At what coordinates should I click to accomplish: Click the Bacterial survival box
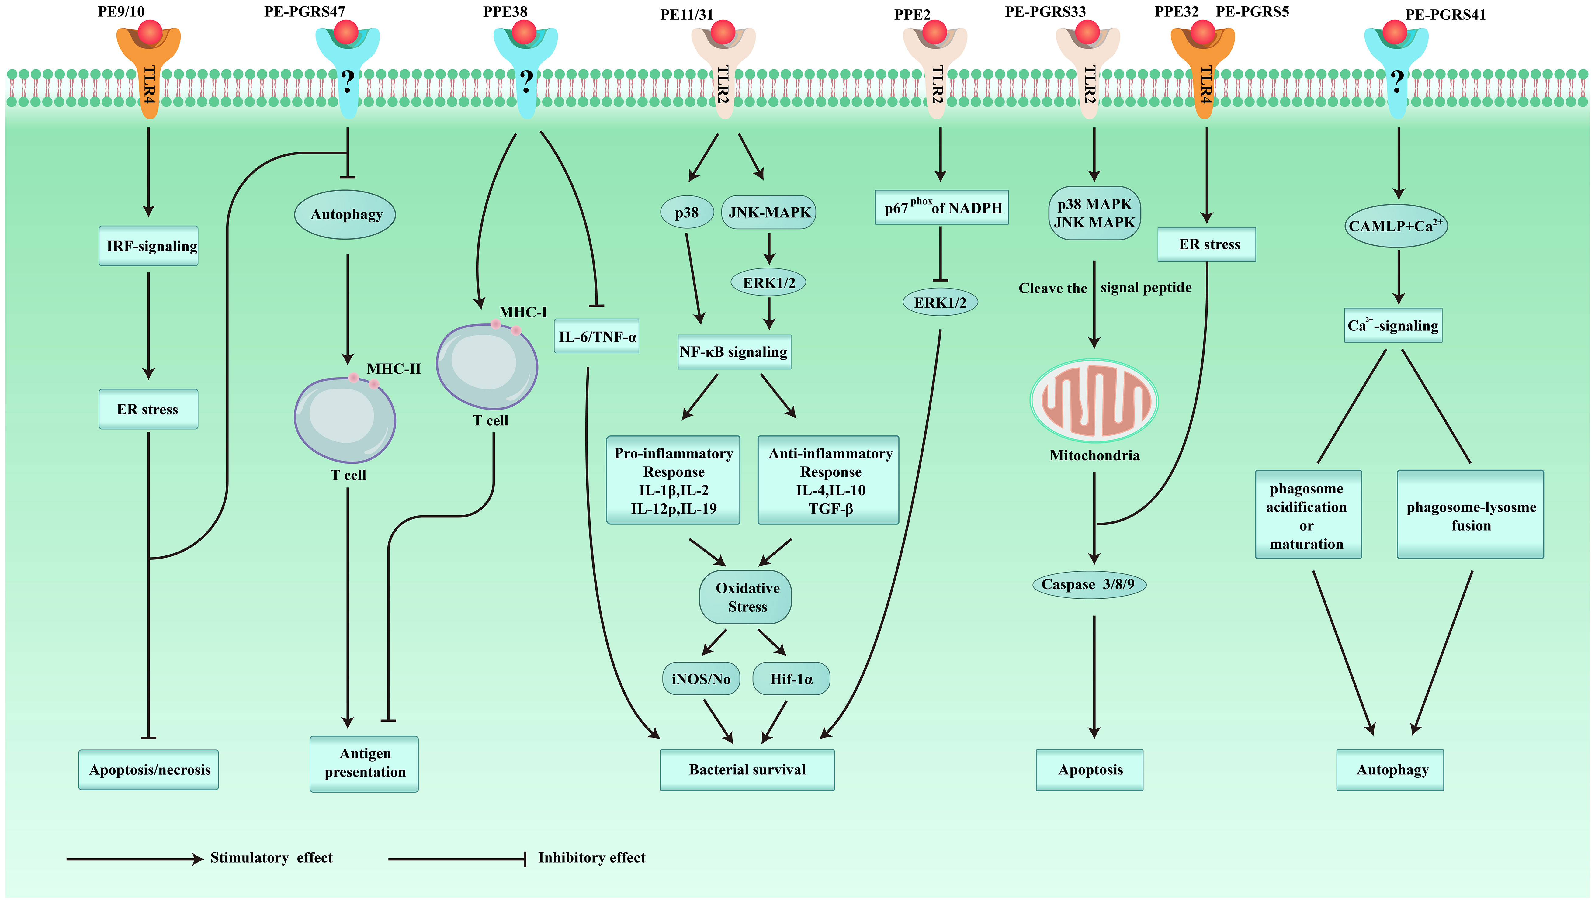click(747, 770)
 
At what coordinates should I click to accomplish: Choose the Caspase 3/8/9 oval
click(1089, 584)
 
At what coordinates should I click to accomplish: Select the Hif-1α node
click(791, 679)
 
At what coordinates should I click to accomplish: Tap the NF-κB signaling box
click(734, 352)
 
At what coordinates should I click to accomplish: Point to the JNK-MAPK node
click(769, 212)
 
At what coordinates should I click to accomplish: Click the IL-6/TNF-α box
click(597, 336)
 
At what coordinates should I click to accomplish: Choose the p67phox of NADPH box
click(941, 207)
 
